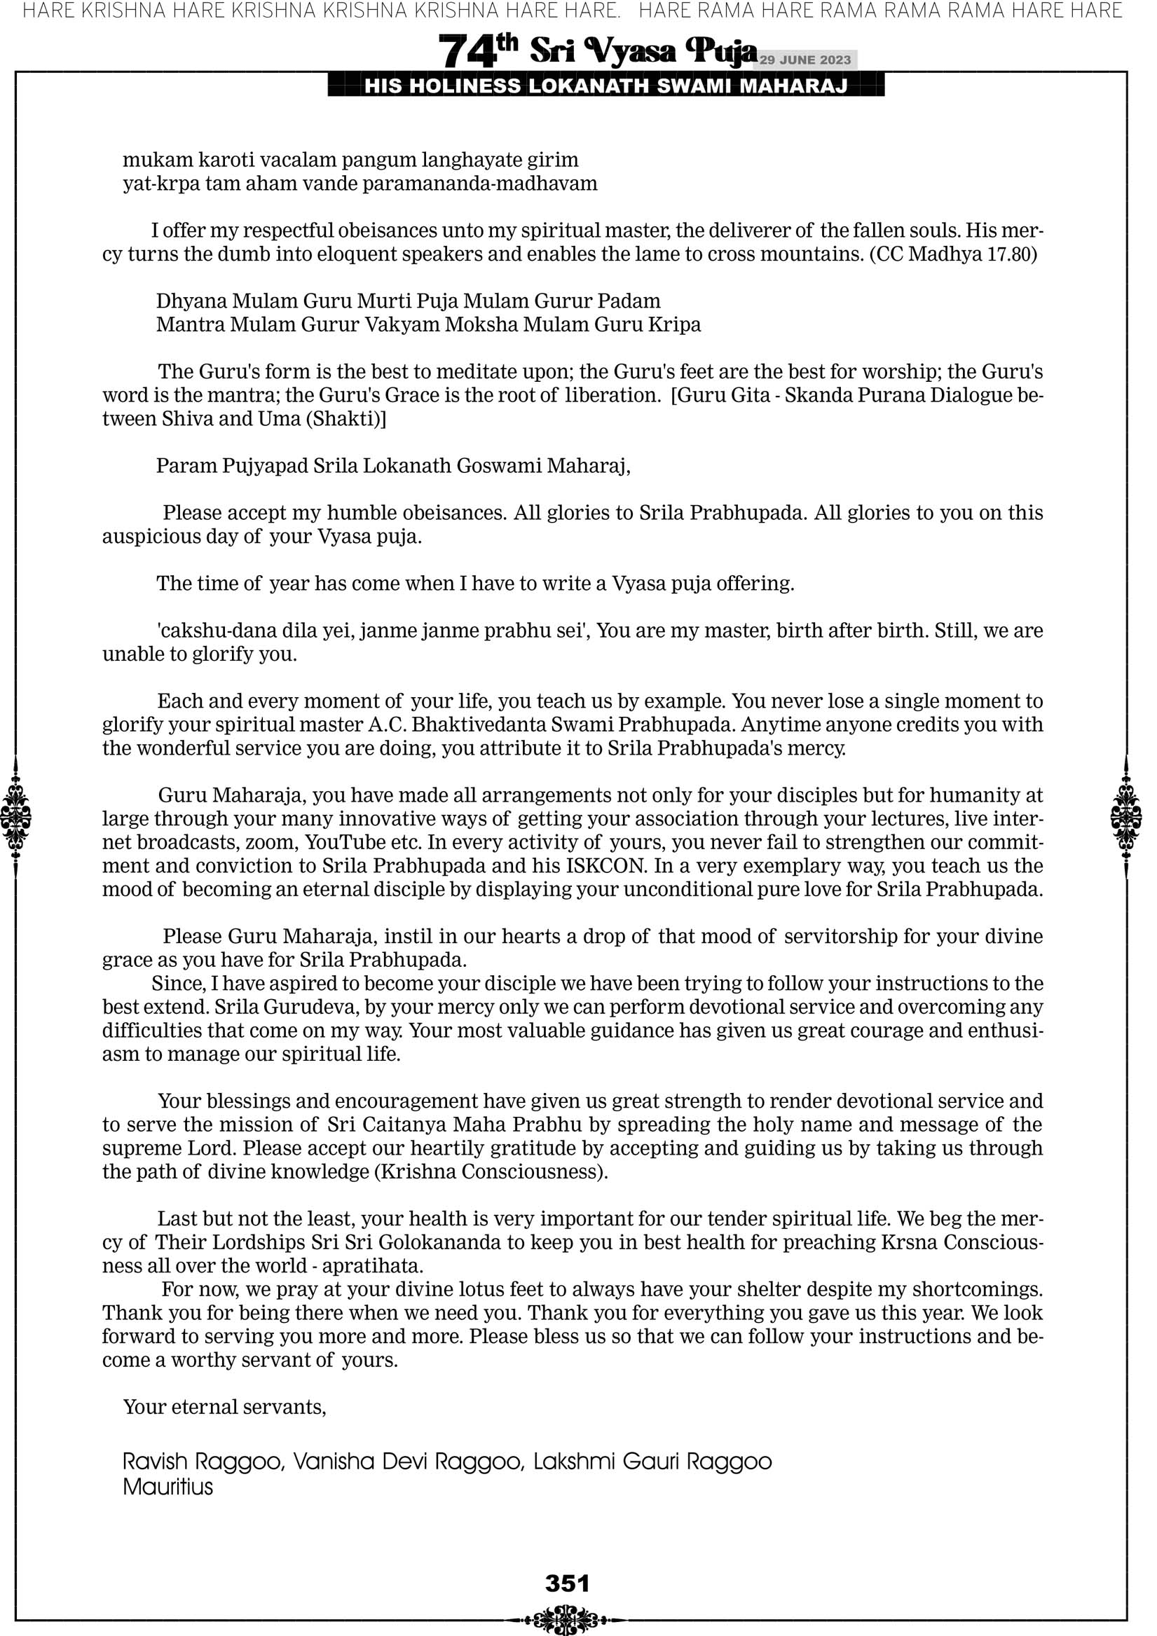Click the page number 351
tap(567, 1583)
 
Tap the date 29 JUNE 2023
tap(805, 60)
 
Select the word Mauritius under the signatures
tap(167, 1487)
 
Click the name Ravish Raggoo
tap(202, 1462)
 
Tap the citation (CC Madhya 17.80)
tap(953, 254)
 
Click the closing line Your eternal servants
tap(224, 1407)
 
